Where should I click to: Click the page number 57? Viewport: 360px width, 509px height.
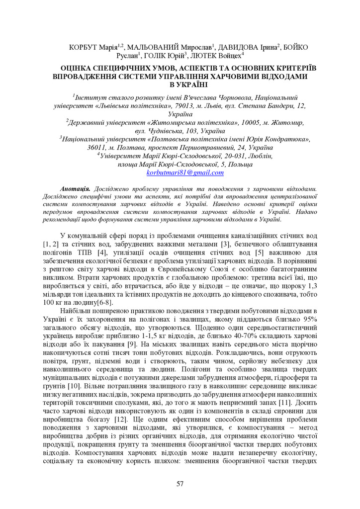click(x=180, y=484)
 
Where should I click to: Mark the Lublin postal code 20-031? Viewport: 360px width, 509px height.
click(x=219, y=156)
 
